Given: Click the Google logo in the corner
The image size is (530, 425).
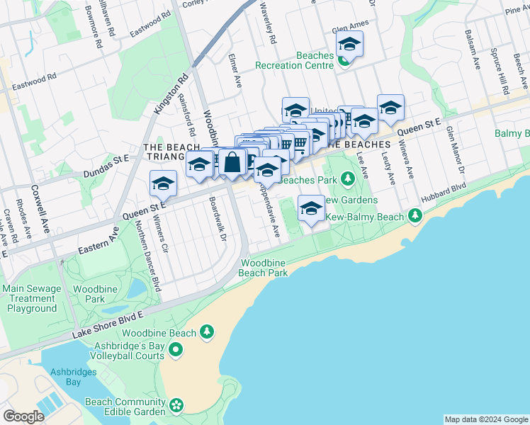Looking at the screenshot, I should point(24,416).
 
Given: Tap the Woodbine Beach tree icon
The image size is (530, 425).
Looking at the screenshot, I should point(206,331).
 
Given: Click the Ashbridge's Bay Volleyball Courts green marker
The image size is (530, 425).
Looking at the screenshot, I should point(176,348).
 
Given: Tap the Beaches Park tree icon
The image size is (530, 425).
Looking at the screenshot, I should point(347,178).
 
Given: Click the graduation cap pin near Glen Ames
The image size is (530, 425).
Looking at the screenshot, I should point(349,45).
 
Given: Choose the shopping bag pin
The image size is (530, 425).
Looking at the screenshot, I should point(232,162).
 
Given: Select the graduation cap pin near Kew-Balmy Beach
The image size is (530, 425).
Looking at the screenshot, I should point(310,208).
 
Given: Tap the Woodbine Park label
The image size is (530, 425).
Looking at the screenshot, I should point(89,295).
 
